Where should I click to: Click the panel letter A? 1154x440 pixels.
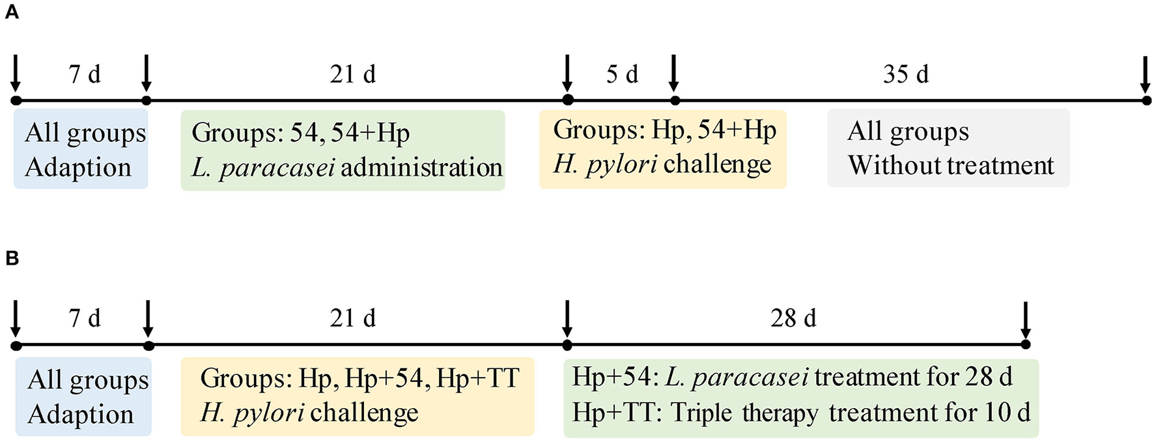coord(12,12)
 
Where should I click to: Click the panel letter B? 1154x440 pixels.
coord(12,258)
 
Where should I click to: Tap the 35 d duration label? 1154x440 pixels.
coord(905,75)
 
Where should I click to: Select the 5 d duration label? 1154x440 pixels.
coord(622,75)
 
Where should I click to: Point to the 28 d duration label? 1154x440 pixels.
coord(793,318)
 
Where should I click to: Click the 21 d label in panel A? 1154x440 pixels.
coord(352,75)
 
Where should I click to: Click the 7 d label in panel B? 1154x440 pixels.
coord(85,318)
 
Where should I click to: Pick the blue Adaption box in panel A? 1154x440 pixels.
coord(81,150)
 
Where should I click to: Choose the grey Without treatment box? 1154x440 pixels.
coord(948,148)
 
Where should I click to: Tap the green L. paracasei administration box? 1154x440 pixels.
coord(343,150)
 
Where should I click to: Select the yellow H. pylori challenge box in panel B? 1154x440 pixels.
coord(357,396)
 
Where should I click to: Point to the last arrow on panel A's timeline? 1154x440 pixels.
coord(1146,74)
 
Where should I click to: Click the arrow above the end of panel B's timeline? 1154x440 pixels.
coord(1026,319)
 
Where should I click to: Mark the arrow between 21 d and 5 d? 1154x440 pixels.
coord(567,74)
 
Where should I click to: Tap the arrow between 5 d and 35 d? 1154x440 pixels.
coord(674,74)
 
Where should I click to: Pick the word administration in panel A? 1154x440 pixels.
coord(421,168)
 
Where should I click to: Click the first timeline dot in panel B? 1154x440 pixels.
coord(16,346)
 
